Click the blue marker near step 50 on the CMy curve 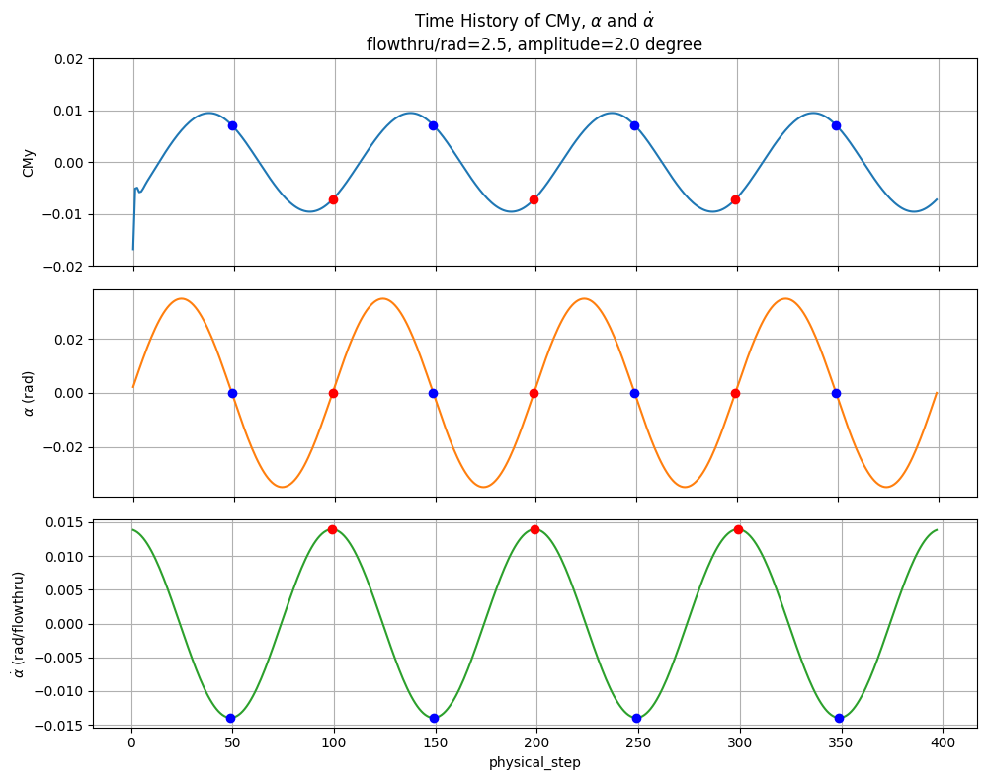232,125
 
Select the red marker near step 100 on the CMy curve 333,199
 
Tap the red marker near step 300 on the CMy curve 735,199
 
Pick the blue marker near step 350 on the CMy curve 836,125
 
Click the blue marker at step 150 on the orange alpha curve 433,393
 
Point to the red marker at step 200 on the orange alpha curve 534,393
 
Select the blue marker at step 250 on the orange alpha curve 634,393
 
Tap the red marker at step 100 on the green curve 332,529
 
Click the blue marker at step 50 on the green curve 230,718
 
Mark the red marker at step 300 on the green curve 738,529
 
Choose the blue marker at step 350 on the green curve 839,718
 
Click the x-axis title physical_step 534,762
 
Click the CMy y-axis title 29,163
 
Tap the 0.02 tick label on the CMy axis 68,59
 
